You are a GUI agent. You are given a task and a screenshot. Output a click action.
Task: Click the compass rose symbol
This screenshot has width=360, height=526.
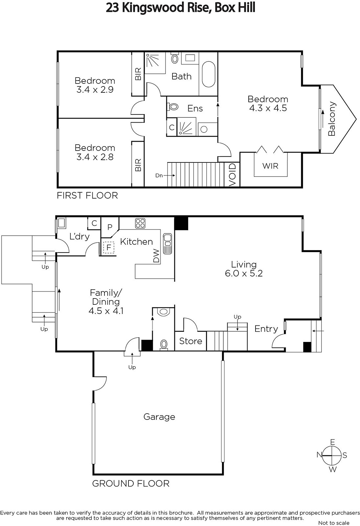(332, 455)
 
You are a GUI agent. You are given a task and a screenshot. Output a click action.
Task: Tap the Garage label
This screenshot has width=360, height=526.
(159, 417)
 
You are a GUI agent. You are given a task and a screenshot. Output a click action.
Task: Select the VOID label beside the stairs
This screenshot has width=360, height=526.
(232, 175)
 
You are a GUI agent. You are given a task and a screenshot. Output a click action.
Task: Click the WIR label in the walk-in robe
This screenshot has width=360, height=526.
(270, 166)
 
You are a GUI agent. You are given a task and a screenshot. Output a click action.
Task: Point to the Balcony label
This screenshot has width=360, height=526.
(332, 119)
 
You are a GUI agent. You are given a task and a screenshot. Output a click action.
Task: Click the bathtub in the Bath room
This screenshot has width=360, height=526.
(208, 74)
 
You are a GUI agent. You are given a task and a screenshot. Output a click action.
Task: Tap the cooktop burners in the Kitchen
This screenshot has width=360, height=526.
(140, 223)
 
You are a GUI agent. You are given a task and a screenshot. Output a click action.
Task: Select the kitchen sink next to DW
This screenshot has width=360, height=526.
(167, 244)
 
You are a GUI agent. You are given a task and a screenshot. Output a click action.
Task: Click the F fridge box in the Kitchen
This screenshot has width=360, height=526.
(109, 248)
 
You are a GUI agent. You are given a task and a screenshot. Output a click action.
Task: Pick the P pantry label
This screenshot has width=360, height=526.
(110, 227)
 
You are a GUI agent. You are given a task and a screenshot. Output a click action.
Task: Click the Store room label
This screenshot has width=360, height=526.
(191, 341)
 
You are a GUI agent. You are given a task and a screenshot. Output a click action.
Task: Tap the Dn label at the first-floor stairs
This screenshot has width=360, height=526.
(159, 176)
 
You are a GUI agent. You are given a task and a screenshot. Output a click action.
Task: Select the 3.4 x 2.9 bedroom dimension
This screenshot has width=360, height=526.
(95, 89)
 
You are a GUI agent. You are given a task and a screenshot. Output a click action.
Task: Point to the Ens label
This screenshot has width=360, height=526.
(195, 108)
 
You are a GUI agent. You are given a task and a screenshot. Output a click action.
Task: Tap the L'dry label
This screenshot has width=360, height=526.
(79, 236)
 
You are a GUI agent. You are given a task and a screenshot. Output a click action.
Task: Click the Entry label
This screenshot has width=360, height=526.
(266, 329)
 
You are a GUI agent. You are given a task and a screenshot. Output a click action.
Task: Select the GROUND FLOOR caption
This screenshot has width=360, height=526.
(131, 484)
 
